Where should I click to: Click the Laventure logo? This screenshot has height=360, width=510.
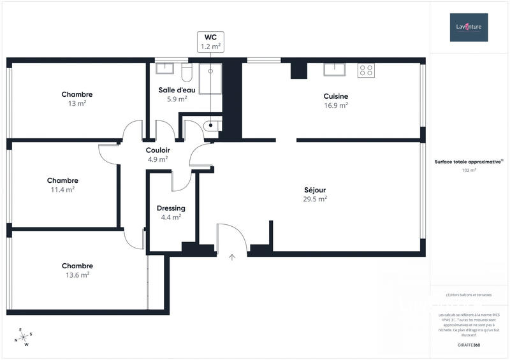tap(469, 27)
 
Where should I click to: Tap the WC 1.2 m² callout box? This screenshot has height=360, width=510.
tap(210, 41)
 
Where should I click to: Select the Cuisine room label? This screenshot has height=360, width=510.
tap(336, 96)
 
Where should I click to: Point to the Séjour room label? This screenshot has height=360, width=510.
tap(315, 189)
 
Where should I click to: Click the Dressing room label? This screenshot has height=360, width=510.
tap(171, 208)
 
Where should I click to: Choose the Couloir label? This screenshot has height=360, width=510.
tap(157, 150)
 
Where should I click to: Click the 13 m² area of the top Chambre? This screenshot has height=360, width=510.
tap(77, 103)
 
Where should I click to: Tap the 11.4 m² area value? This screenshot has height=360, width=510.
tap(62, 189)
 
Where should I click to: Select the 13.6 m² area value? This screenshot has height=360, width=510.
tap(77, 275)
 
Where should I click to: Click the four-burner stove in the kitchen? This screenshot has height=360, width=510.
tap(366, 70)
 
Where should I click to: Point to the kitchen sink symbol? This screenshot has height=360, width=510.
tap(334, 69)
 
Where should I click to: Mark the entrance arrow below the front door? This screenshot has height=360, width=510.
tap(232, 257)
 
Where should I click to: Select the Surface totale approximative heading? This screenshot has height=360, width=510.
tap(469, 162)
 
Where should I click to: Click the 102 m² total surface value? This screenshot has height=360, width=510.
tap(469, 170)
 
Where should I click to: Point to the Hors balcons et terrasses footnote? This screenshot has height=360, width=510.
tap(469, 295)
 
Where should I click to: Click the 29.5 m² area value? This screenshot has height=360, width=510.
tap(315, 198)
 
